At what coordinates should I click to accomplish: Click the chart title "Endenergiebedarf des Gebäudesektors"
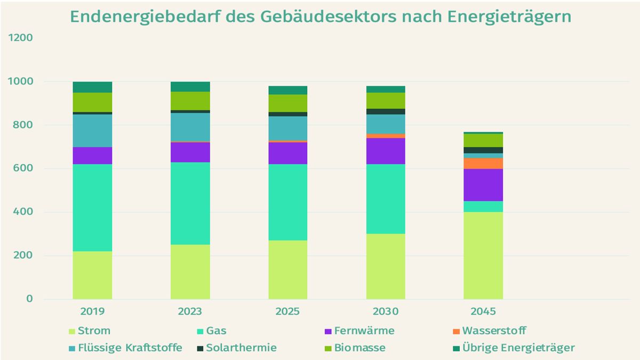tap(320, 17)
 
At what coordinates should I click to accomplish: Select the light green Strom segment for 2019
tap(92, 275)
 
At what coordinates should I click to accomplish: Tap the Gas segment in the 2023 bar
tap(190, 203)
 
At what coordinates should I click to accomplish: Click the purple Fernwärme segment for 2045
tap(483, 185)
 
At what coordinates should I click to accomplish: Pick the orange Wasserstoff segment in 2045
tap(483, 163)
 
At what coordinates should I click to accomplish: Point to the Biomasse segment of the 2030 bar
tap(386, 100)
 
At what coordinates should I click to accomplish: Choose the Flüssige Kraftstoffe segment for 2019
tap(92, 131)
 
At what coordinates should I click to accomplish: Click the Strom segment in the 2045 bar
tap(483, 255)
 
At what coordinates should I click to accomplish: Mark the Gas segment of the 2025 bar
tap(288, 202)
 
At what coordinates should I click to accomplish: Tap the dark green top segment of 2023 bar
tap(190, 86)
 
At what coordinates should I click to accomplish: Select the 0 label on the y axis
tap(29, 299)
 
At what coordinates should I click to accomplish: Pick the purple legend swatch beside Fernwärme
tap(328, 331)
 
